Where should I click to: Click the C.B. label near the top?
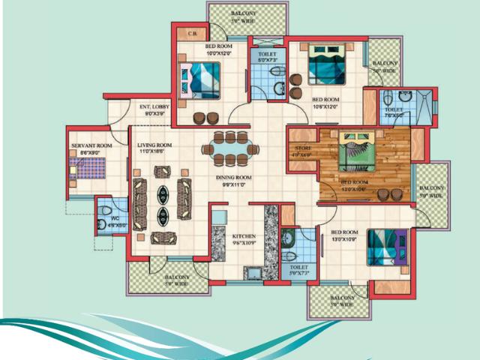[192, 34]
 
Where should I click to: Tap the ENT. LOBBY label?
[154, 107]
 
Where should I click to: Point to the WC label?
[115, 218]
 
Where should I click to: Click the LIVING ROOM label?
[155, 145]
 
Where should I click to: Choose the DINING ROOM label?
[234, 177]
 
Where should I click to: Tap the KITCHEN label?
[243, 236]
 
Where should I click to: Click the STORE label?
[302, 148]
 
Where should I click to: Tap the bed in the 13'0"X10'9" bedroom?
[386, 247]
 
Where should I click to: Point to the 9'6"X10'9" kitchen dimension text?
[243, 243]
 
